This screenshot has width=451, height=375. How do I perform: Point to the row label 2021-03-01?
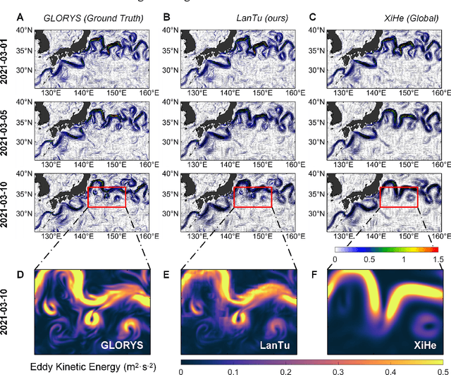[8, 59]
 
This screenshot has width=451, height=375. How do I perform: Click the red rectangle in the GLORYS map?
[106, 197]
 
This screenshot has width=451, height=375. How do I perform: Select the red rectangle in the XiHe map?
[398, 197]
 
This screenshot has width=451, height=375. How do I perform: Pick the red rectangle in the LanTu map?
[252, 197]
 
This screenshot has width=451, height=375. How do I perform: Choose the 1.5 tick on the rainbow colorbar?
[438, 259]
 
